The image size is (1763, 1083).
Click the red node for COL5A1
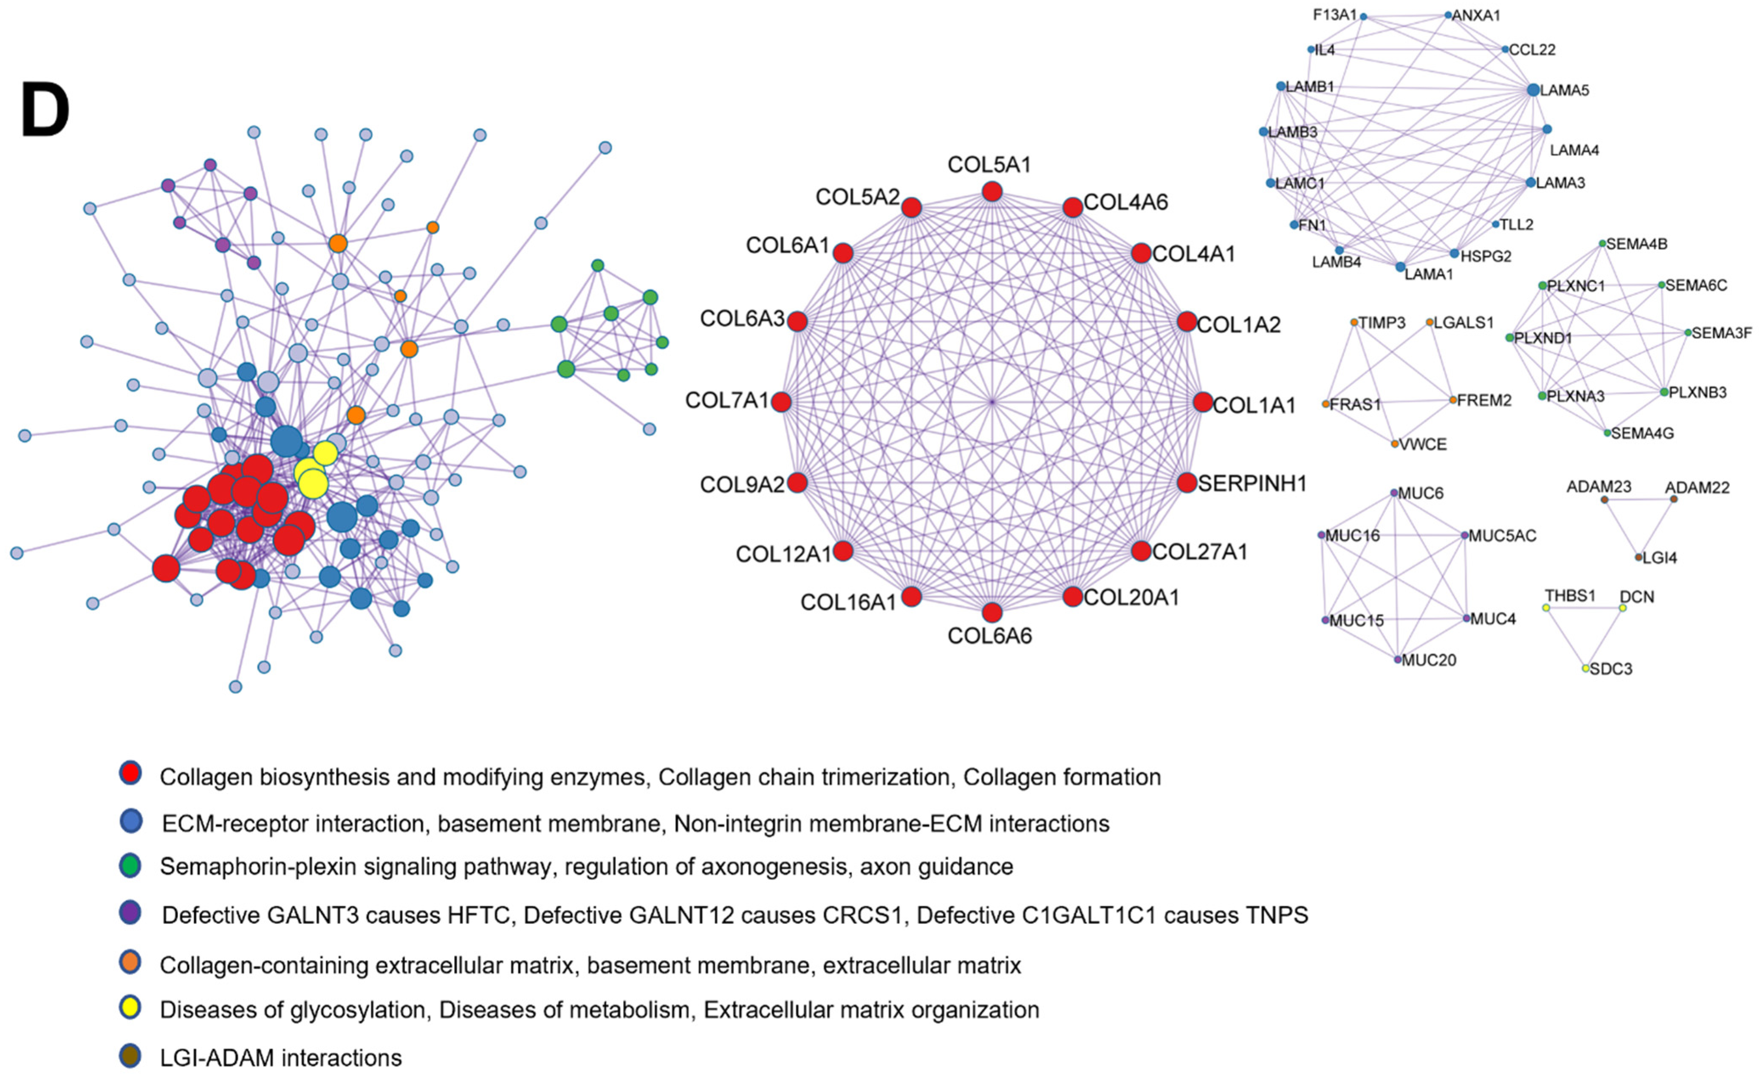point(992,191)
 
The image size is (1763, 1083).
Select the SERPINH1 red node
point(1187,483)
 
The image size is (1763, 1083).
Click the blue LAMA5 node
point(1533,90)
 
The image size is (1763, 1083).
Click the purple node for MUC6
point(1394,493)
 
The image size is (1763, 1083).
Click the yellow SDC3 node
point(1586,668)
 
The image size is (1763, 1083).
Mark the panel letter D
point(45,110)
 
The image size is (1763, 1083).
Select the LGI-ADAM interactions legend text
point(281,1058)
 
